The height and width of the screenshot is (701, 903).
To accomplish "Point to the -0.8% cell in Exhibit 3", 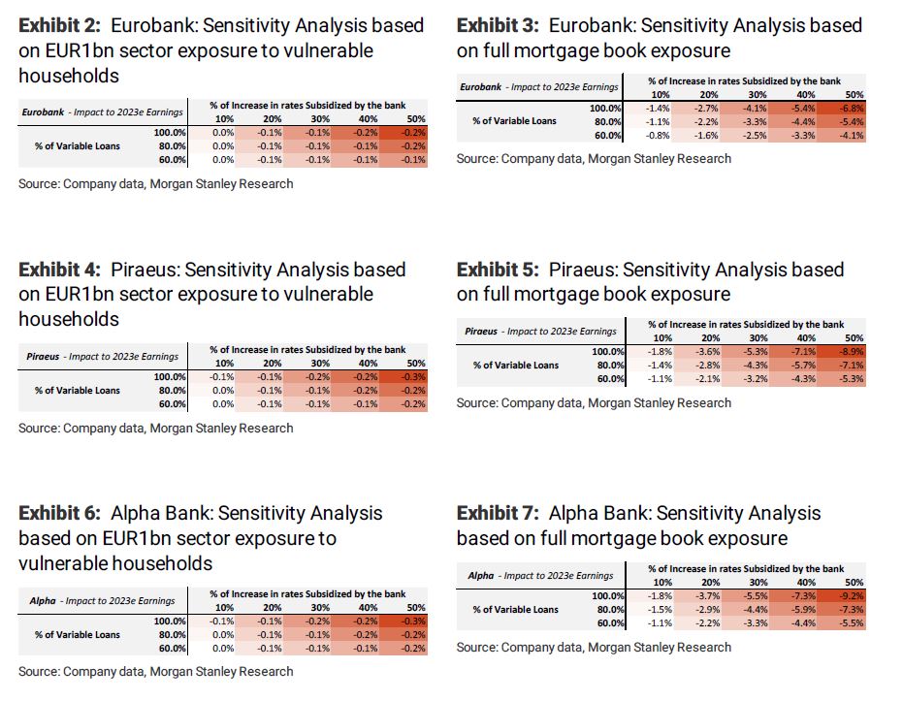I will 659,135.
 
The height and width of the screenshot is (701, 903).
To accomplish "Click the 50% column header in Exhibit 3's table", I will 854,94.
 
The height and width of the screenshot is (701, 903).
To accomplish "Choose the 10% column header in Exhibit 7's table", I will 661,581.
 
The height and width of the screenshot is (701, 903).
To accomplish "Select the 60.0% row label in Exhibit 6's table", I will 170,648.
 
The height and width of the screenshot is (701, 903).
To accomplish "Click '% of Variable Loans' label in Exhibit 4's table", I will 78,391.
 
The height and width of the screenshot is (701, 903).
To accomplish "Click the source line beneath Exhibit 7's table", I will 594,647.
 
